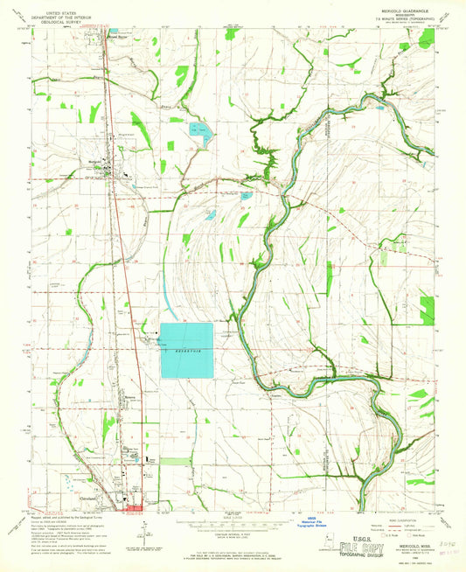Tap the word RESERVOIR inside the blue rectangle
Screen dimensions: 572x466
click(x=185, y=350)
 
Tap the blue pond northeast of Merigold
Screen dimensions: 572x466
click(x=200, y=134)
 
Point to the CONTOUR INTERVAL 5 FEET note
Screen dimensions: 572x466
click(x=233, y=534)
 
